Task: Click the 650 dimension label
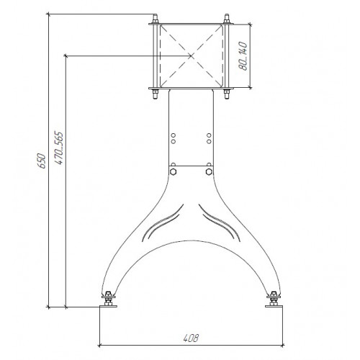click(42, 161)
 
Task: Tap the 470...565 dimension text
click(59, 148)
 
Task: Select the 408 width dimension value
click(191, 338)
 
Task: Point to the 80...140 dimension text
click(243, 56)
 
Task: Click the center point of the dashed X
click(191, 56)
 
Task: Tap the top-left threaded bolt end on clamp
click(156, 19)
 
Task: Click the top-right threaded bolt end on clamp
click(226, 19)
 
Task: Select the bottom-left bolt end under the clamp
click(156, 94)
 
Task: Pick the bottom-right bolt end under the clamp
click(226, 94)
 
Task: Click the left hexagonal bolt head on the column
click(173, 172)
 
